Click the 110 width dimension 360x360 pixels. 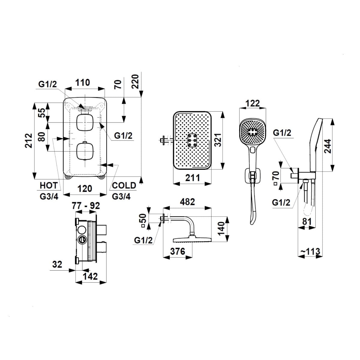coord(82,82)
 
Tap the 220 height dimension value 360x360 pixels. coord(135,81)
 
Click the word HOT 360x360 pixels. coord(48,186)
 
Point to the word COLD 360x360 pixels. coord(124,186)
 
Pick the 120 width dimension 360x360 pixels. coord(85,189)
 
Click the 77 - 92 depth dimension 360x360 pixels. coord(85,206)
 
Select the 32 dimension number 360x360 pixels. coord(57,265)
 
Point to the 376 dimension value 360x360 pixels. coord(178,251)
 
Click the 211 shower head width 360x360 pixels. coord(192,178)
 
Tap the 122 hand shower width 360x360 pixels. coord(253,104)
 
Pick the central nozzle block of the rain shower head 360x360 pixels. coord(192,140)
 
